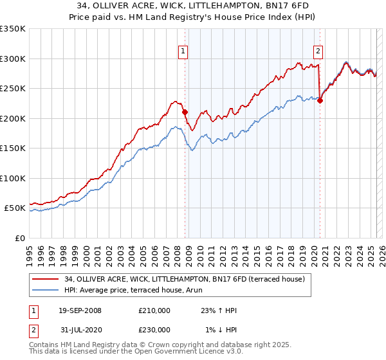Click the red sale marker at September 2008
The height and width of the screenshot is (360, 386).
185,112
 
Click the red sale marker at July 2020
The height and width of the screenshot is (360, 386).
320,100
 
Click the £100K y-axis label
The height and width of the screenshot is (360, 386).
13,178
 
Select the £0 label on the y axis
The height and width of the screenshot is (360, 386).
19,238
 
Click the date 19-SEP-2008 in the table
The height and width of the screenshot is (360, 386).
80,310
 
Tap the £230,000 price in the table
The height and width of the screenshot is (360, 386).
154,329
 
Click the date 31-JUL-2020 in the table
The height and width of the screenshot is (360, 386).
80,329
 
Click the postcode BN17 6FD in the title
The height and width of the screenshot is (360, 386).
286,6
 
